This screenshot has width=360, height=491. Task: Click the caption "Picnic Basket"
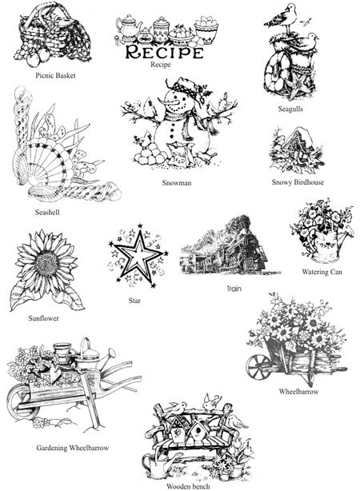pos(55,75)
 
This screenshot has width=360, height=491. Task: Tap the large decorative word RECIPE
pos(164,52)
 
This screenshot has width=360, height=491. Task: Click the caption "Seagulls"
pos(290,109)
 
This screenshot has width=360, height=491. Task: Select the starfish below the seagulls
pos(297,88)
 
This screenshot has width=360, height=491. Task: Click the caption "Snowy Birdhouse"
pos(298,182)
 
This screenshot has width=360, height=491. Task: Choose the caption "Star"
pos(134,301)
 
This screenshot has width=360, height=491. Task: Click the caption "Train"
pos(234,289)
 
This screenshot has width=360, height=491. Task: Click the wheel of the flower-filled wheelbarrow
pos(258,367)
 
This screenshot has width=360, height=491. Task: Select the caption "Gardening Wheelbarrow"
pos(72,448)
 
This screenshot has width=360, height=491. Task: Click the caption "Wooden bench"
pos(188,486)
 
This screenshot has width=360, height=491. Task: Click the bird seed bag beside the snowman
pos(180,155)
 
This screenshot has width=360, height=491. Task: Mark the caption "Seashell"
pos(47,212)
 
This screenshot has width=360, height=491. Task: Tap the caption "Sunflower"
pos(43,318)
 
